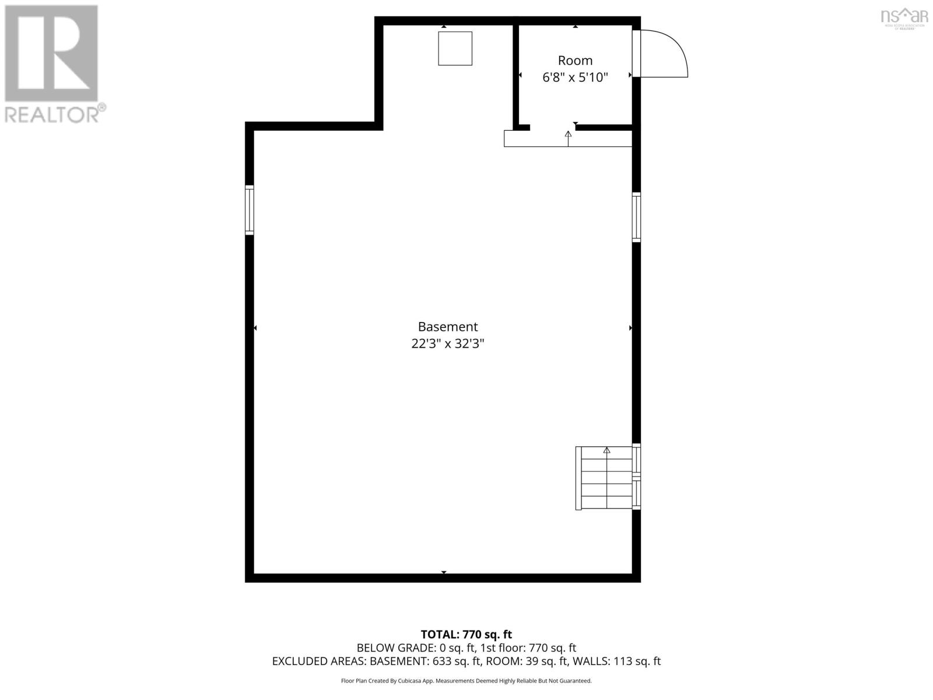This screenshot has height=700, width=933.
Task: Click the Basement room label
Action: point(447,327)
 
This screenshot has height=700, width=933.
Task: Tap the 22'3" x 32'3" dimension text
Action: point(447,344)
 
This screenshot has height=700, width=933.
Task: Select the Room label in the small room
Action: point(575,61)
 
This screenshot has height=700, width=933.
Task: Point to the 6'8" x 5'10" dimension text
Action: point(575,78)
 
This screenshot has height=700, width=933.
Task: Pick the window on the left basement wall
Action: point(250,210)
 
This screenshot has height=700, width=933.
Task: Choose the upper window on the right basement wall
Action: point(636,217)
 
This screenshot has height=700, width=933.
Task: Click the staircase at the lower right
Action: point(605,478)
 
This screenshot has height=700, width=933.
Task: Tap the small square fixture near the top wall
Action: point(455,48)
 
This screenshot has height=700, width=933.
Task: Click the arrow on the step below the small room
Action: point(568,135)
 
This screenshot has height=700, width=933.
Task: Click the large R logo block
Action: point(51,53)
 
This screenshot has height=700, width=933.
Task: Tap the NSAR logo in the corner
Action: point(904,16)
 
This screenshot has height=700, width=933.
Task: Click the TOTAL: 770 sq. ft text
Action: point(466,634)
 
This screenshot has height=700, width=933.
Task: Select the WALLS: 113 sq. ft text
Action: point(616,661)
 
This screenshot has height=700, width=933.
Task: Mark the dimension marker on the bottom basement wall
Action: point(444,572)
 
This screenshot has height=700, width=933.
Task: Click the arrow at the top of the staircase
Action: point(606,450)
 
